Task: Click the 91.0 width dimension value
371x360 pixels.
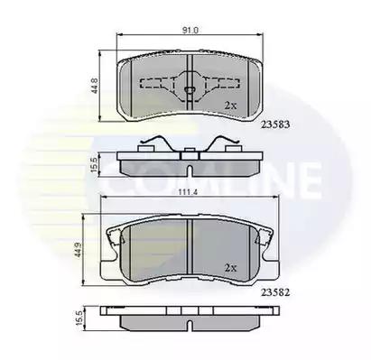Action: pyautogui.click(x=190, y=30)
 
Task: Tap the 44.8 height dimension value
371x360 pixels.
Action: pyautogui.click(x=95, y=86)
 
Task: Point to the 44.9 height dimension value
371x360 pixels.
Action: pyautogui.click(x=79, y=250)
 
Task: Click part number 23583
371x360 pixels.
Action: pyautogui.click(x=275, y=125)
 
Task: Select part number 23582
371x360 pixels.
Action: pyautogui.click(x=275, y=292)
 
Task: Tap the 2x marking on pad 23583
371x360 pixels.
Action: pyautogui.click(x=231, y=106)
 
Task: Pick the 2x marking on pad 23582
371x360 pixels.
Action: pyautogui.click(x=231, y=268)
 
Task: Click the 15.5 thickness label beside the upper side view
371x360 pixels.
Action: pyautogui.click(x=94, y=165)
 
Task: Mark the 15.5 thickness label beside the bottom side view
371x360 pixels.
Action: pyautogui.click(x=79, y=318)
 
